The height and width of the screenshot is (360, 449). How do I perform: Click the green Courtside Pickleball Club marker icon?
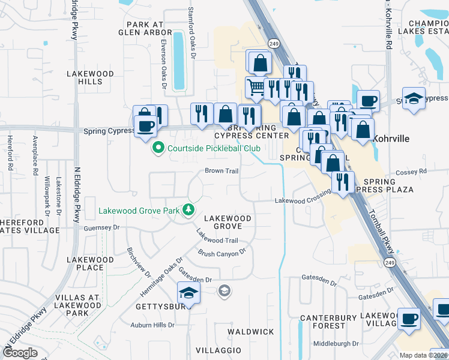pyautogui.click(x=158, y=148)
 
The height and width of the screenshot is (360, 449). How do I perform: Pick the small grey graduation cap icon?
pyautogui.click(x=224, y=291)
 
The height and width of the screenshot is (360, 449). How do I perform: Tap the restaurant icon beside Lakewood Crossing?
pyautogui.click(x=343, y=181)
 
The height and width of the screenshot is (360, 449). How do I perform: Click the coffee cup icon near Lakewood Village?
pyautogui.click(x=409, y=319)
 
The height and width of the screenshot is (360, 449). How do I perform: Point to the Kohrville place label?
pyautogui.click(x=391, y=139)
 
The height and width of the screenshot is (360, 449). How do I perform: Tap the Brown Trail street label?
pyautogui.click(x=222, y=171)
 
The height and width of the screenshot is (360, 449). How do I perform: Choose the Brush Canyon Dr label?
pyautogui.click(x=222, y=253)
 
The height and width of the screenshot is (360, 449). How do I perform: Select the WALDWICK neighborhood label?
pyautogui.click(x=251, y=332)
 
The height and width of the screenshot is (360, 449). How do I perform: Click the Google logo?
pyautogui.click(x=20, y=353)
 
